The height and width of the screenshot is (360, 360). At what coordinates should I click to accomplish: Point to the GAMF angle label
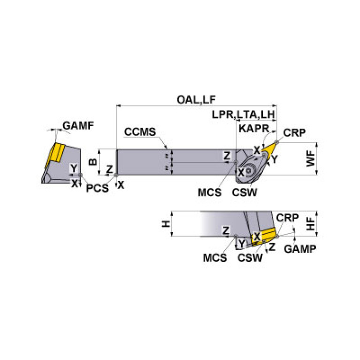point(78,125)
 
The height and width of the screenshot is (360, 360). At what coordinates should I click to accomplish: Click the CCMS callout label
point(140,132)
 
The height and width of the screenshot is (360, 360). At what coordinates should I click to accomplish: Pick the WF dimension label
point(310,158)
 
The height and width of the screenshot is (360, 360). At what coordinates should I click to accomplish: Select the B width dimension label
point(93,161)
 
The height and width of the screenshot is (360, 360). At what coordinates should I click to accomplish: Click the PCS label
point(97,188)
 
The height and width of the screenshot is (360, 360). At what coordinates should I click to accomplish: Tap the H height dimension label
point(166,224)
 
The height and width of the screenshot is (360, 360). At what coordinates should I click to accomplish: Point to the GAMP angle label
point(300,249)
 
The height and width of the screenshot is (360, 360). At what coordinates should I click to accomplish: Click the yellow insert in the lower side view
point(267,234)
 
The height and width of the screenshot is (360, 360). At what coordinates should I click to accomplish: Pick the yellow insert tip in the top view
point(269,148)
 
